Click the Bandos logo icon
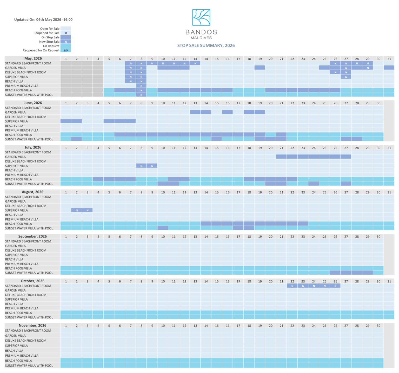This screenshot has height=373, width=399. pyautogui.click(x=201, y=17)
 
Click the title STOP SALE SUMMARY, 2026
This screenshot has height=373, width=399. pyautogui.click(x=206, y=45)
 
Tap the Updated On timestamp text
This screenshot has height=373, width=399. pyautogui.click(x=43, y=19)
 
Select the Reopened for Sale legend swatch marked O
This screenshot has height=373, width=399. pyautogui.click(x=66, y=33)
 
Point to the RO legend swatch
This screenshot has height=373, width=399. pyautogui.click(x=66, y=50)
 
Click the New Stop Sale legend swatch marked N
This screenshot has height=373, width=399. pyautogui.click(x=66, y=42)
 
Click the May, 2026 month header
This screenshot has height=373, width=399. pyautogui.click(x=33, y=58)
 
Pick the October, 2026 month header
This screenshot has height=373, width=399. pyautogui.click(x=32, y=281)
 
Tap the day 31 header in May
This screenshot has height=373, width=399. pyautogui.click(x=389, y=59)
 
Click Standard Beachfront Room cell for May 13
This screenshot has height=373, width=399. pyautogui.click(x=195, y=63)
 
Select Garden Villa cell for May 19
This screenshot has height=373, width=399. pyautogui.click(x=260, y=68)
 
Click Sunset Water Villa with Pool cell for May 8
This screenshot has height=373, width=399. pyautogui.click(x=141, y=95)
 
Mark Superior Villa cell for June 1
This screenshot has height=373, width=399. pyautogui.click(x=66, y=121)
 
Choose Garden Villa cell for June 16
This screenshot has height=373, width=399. pyautogui.click(x=228, y=112)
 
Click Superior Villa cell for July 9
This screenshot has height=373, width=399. pyautogui.click(x=152, y=166)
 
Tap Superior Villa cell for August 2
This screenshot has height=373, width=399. pyautogui.click(x=77, y=210)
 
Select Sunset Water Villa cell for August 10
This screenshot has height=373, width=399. pyautogui.click(x=163, y=228)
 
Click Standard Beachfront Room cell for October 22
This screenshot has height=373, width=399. pyautogui.click(x=292, y=286)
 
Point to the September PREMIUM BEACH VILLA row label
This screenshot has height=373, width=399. pyautogui.click(x=22, y=264)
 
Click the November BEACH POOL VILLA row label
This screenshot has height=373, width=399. pyautogui.click(x=18, y=361)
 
